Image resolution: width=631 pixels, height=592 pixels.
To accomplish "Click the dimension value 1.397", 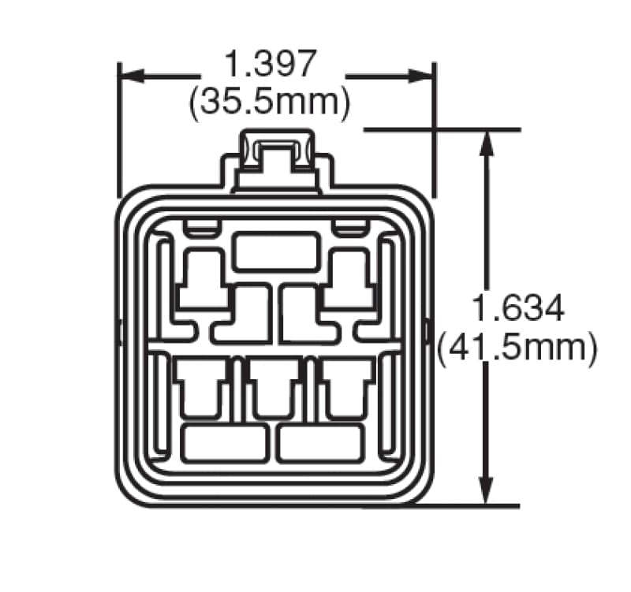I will click(x=271, y=64).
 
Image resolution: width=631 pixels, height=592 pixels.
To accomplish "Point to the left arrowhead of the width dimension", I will click(x=131, y=76).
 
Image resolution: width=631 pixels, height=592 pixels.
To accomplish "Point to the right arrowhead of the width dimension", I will click(x=421, y=76).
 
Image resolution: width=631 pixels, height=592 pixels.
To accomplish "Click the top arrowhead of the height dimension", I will click(x=487, y=142).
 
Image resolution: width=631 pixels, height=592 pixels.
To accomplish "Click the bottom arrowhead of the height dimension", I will click(x=487, y=492).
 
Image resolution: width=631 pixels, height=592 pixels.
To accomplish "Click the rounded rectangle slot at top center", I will click(x=277, y=251).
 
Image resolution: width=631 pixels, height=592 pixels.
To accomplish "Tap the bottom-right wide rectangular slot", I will click(x=321, y=443).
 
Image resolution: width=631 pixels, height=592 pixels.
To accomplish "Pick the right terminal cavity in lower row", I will click(x=347, y=388).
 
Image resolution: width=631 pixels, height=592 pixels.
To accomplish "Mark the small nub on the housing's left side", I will click(x=119, y=332).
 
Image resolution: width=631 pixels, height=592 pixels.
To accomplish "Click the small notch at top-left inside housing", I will click(x=201, y=228).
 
